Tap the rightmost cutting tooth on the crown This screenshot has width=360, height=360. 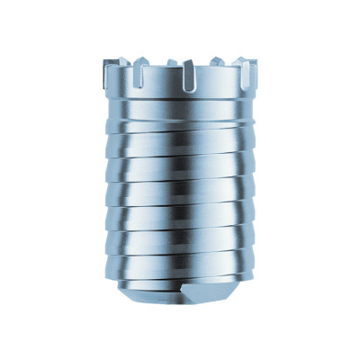[x=256, y=65]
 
